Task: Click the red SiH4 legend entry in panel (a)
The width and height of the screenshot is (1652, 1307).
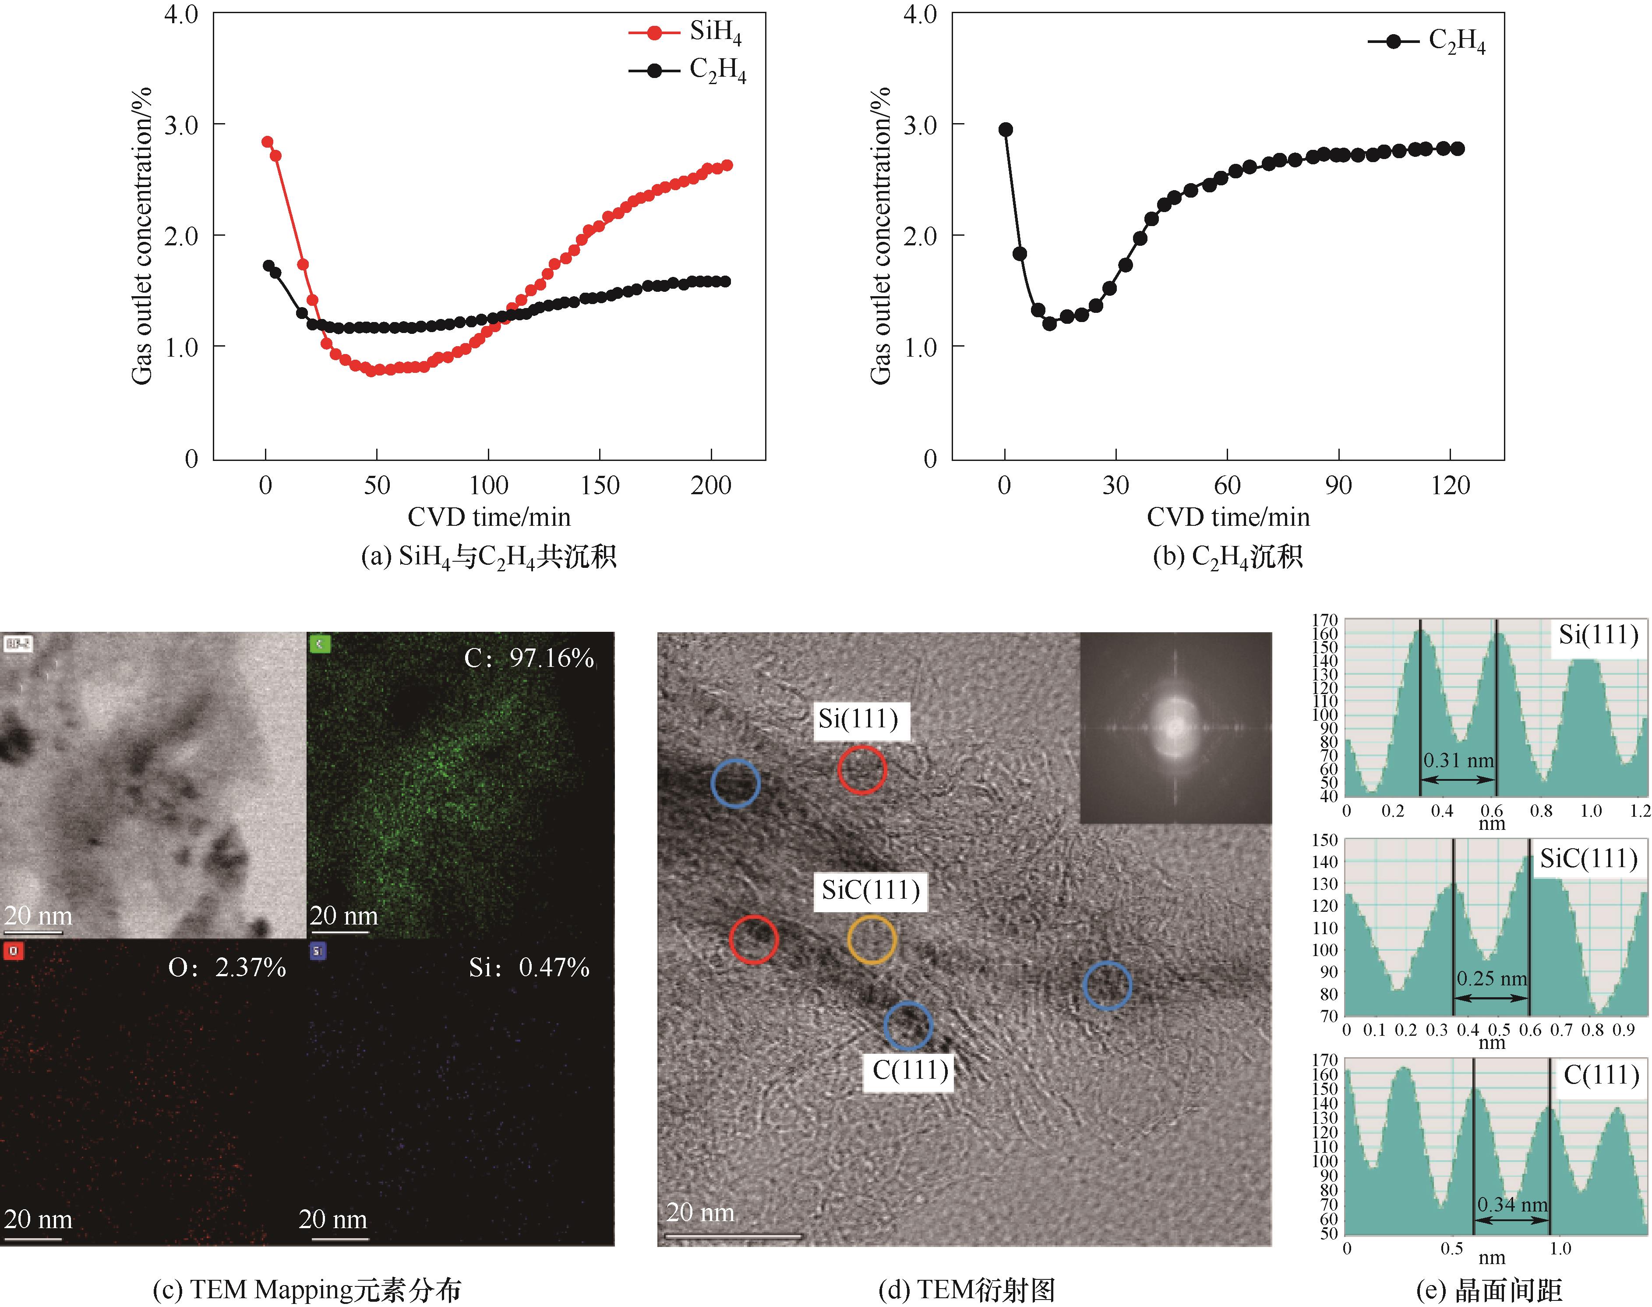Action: pos(685,32)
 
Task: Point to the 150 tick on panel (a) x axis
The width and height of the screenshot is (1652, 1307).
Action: pos(600,485)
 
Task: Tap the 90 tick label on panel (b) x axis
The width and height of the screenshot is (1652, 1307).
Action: pos(1338,485)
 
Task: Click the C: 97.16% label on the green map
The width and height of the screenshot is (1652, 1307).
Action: pos(529,658)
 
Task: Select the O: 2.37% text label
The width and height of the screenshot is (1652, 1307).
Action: pos(227,968)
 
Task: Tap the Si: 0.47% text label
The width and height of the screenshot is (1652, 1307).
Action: pos(529,968)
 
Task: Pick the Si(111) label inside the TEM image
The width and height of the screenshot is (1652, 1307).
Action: pos(858,719)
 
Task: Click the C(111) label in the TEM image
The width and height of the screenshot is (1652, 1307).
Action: pos(910,1070)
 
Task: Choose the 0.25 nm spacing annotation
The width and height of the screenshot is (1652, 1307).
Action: pos(1491,979)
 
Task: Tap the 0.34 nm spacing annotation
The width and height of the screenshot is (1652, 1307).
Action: pos(1512,1204)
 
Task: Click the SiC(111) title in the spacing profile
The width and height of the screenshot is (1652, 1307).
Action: pos(1588,859)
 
